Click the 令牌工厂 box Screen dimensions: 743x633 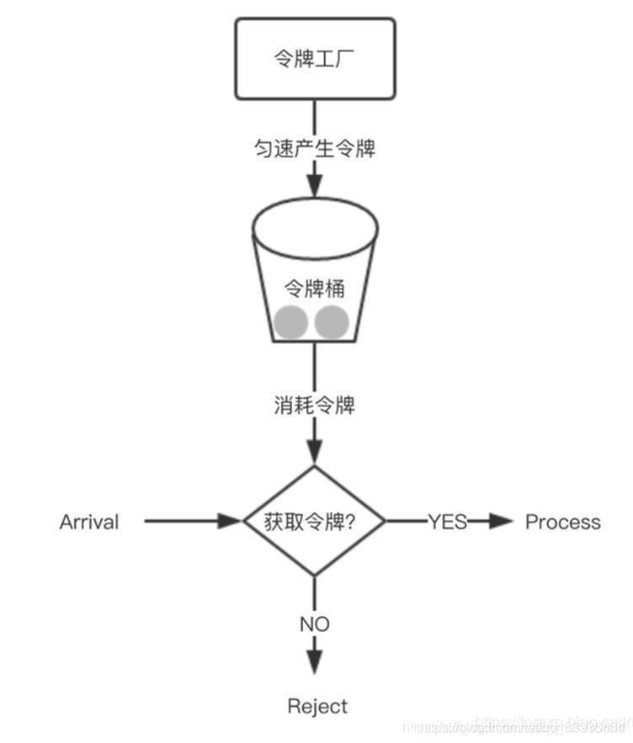coord(315,58)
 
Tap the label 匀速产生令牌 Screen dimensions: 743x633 coord(315,149)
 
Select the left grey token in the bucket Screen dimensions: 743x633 coord(289,322)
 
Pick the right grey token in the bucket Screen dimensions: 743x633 coord(332,321)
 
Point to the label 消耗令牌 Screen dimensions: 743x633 coord(315,406)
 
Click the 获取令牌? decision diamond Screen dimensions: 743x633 coord(314,522)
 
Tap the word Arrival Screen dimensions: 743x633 coord(89,522)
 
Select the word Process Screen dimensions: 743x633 coord(562,522)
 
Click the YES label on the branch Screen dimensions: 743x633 coord(447,522)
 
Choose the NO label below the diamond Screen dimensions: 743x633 coord(314,624)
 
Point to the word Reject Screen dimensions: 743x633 coord(317,705)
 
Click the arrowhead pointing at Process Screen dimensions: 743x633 coord(502,522)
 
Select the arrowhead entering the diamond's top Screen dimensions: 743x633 coord(315,454)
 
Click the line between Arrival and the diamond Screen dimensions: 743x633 coord(185,522)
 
